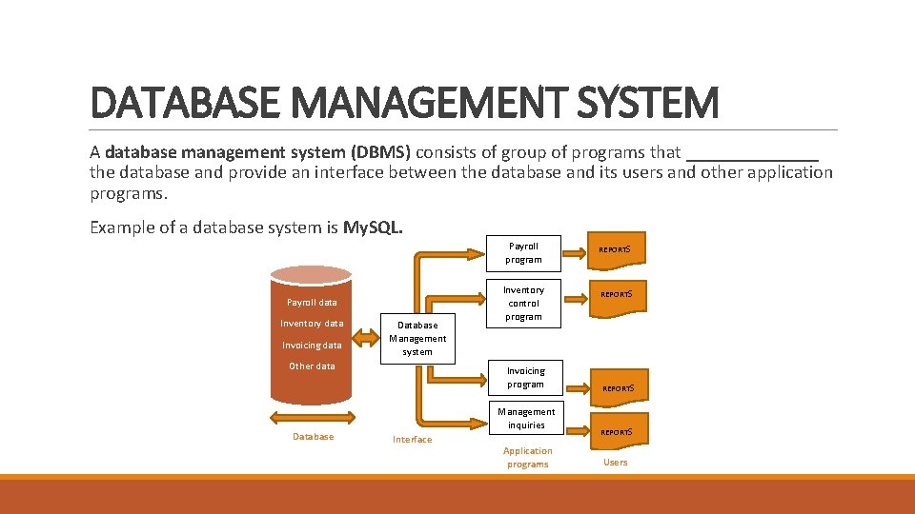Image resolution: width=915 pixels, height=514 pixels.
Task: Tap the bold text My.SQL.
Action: click(373, 227)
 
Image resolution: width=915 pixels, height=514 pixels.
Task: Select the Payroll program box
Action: click(523, 252)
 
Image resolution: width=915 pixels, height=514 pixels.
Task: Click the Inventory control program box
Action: click(523, 303)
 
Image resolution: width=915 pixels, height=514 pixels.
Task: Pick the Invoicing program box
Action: click(525, 377)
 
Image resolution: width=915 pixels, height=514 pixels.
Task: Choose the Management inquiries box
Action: click(525, 419)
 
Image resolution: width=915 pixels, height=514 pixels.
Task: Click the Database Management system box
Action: click(417, 338)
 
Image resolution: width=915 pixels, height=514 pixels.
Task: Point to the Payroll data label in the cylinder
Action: click(312, 303)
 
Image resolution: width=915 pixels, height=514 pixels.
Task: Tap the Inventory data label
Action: click(312, 324)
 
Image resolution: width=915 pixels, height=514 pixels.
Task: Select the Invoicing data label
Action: click(312, 346)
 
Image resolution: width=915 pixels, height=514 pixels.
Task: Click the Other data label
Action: click(312, 366)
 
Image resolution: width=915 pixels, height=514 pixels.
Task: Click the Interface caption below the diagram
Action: click(412, 440)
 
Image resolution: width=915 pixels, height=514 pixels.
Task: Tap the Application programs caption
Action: click(528, 458)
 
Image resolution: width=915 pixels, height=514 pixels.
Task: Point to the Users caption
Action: click(616, 463)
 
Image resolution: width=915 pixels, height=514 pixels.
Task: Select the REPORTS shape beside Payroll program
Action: click(616, 250)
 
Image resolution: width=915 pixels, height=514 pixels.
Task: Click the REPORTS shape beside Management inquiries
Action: click(616, 431)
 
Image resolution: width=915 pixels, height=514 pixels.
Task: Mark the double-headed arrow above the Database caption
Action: click(313, 418)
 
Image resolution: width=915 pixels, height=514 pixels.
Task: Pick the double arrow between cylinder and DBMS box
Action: click(367, 336)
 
